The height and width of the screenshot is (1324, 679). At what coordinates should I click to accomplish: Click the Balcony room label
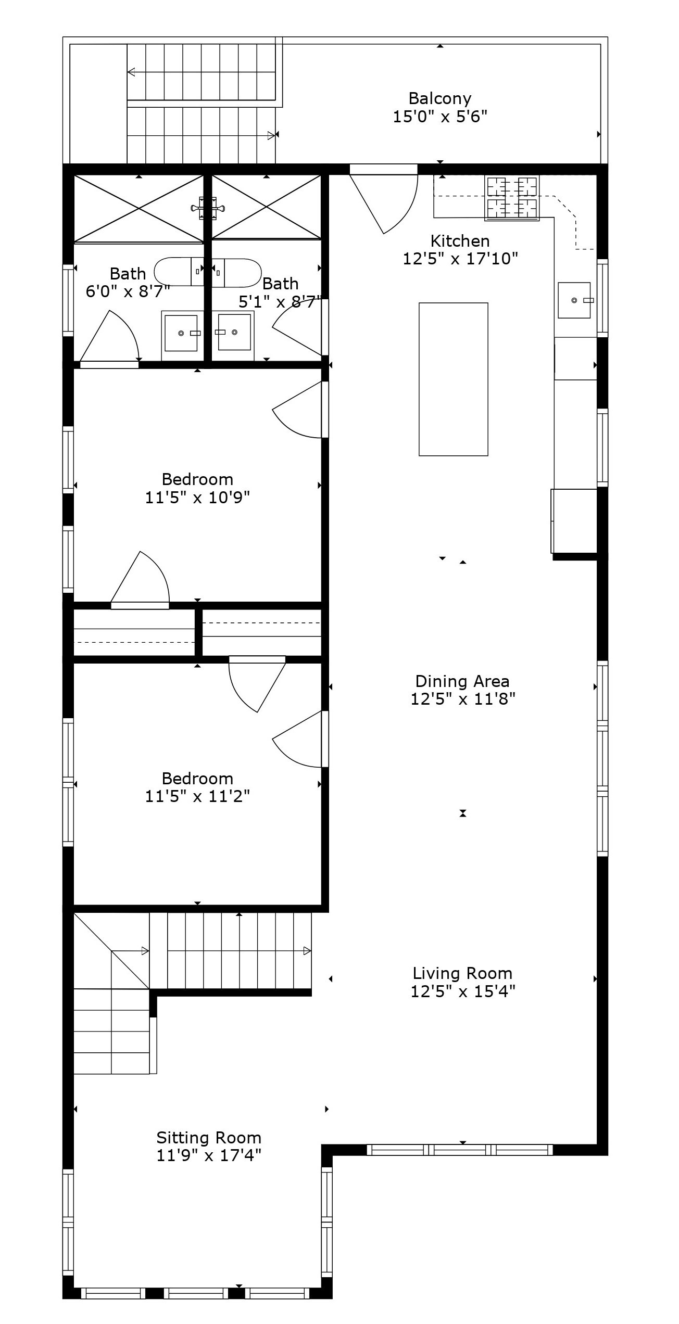(439, 98)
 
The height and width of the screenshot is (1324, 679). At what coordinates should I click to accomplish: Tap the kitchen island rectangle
(453, 379)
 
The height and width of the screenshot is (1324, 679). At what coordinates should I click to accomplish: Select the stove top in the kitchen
(511, 198)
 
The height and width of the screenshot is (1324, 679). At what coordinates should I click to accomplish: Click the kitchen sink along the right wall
(574, 300)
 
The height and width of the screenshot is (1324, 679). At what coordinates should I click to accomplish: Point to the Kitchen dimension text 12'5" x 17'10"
(460, 259)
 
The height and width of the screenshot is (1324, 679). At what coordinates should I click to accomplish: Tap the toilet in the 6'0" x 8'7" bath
(180, 271)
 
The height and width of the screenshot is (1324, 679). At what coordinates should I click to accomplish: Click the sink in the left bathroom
(181, 333)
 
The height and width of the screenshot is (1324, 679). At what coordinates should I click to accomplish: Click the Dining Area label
(462, 681)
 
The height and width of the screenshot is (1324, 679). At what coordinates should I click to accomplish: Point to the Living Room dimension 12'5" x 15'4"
(462, 991)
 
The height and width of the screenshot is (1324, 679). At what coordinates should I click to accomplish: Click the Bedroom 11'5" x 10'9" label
(197, 479)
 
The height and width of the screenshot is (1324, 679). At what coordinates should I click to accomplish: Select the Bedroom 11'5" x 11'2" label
(197, 778)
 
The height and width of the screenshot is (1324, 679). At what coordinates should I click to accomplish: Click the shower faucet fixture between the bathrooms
(208, 208)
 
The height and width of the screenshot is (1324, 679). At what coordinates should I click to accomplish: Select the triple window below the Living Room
(460, 1149)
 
